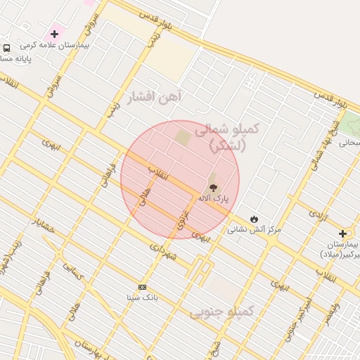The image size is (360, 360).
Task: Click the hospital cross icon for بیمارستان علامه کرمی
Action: pyautogui.click(x=54, y=34)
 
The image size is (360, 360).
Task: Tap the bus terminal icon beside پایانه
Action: pyautogui.click(x=6, y=48)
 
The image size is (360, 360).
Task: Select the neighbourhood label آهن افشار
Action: pyautogui.click(x=154, y=97)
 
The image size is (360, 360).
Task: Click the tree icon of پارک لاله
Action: pyautogui.click(x=211, y=187)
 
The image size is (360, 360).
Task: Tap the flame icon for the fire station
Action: pyautogui.click(x=254, y=219)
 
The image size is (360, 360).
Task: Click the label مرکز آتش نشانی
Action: pyautogui.click(x=254, y=229)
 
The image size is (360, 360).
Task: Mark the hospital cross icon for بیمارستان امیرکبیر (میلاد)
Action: pyautogui.click(x=342, y=233)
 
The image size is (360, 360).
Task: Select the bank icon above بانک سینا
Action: pyautogui.click(x=143, y=287)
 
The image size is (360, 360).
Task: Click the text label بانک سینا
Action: pyautogui.click(x=143, y=297)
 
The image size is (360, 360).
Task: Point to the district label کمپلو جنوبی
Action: pyautogui.click(x=221, y=310)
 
